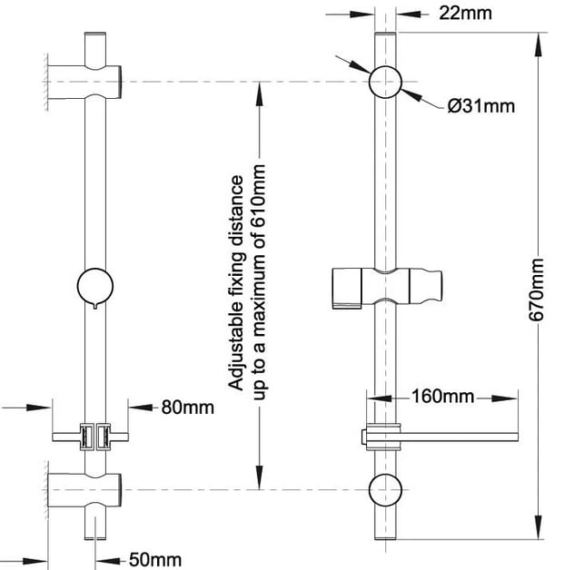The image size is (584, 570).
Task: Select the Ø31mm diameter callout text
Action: point(480,106)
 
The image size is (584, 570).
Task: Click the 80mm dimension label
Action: point(188,407)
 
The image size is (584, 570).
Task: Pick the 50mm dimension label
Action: point(153,559)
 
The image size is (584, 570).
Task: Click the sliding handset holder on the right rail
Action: point(386,286)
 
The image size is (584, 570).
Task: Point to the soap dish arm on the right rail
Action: point(454,438)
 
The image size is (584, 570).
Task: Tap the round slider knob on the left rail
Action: point(95,286)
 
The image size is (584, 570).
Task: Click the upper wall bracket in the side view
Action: point(86,81)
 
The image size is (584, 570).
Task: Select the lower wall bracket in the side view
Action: point(86,489)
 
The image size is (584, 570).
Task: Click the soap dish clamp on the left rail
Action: point(95,437)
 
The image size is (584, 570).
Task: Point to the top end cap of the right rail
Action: point(384,35)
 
